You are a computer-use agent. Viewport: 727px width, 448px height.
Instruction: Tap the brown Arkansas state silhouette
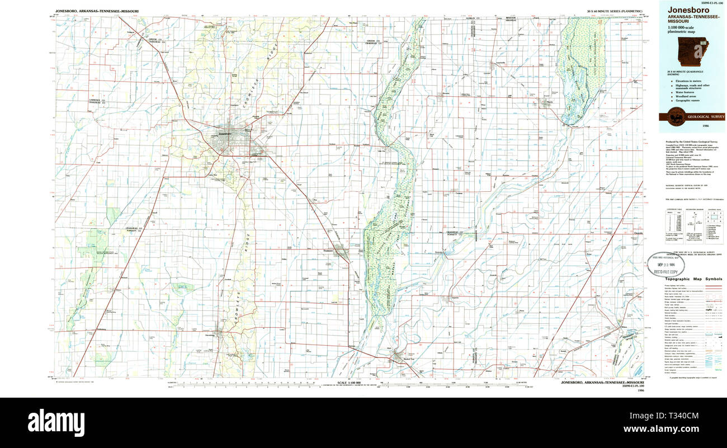(x=692, y=53)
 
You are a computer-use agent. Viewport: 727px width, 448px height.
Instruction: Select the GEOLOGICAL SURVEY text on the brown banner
(x=706, y=117)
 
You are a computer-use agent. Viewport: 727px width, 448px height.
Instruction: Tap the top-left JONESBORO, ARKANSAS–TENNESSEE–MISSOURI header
(x=97, y=11)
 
